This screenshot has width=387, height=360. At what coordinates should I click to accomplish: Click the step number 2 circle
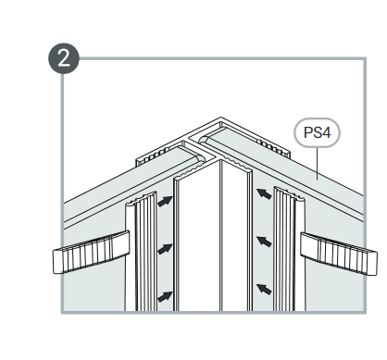click(x=64, y=58)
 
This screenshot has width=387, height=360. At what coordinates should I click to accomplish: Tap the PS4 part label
click(x=317, y=132)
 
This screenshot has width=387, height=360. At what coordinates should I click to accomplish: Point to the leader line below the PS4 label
click(x=318, y=164)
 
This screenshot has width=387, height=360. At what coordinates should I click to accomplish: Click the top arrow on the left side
click(x=165, y=201)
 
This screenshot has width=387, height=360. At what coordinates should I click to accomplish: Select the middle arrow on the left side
click(x=165, y=249)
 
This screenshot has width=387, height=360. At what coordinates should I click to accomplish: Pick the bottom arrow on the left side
click(x=165, y=296)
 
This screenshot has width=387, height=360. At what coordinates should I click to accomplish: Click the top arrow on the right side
click(x=264, y=193)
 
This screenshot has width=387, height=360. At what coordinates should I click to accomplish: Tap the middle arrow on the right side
click(x=264, y=242)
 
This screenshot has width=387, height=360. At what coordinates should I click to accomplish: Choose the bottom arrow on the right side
click(x=264, y=289)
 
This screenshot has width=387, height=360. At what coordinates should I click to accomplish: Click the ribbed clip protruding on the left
click(x=92, y=253)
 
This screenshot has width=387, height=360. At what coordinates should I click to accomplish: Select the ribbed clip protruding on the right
click(x=339, y=254)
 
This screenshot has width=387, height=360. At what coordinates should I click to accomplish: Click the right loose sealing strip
click(x=289, y=249)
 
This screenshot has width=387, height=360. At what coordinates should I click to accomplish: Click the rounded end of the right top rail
click(x=205, y=140)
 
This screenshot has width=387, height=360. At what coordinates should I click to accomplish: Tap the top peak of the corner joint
click(x=221, y=118)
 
